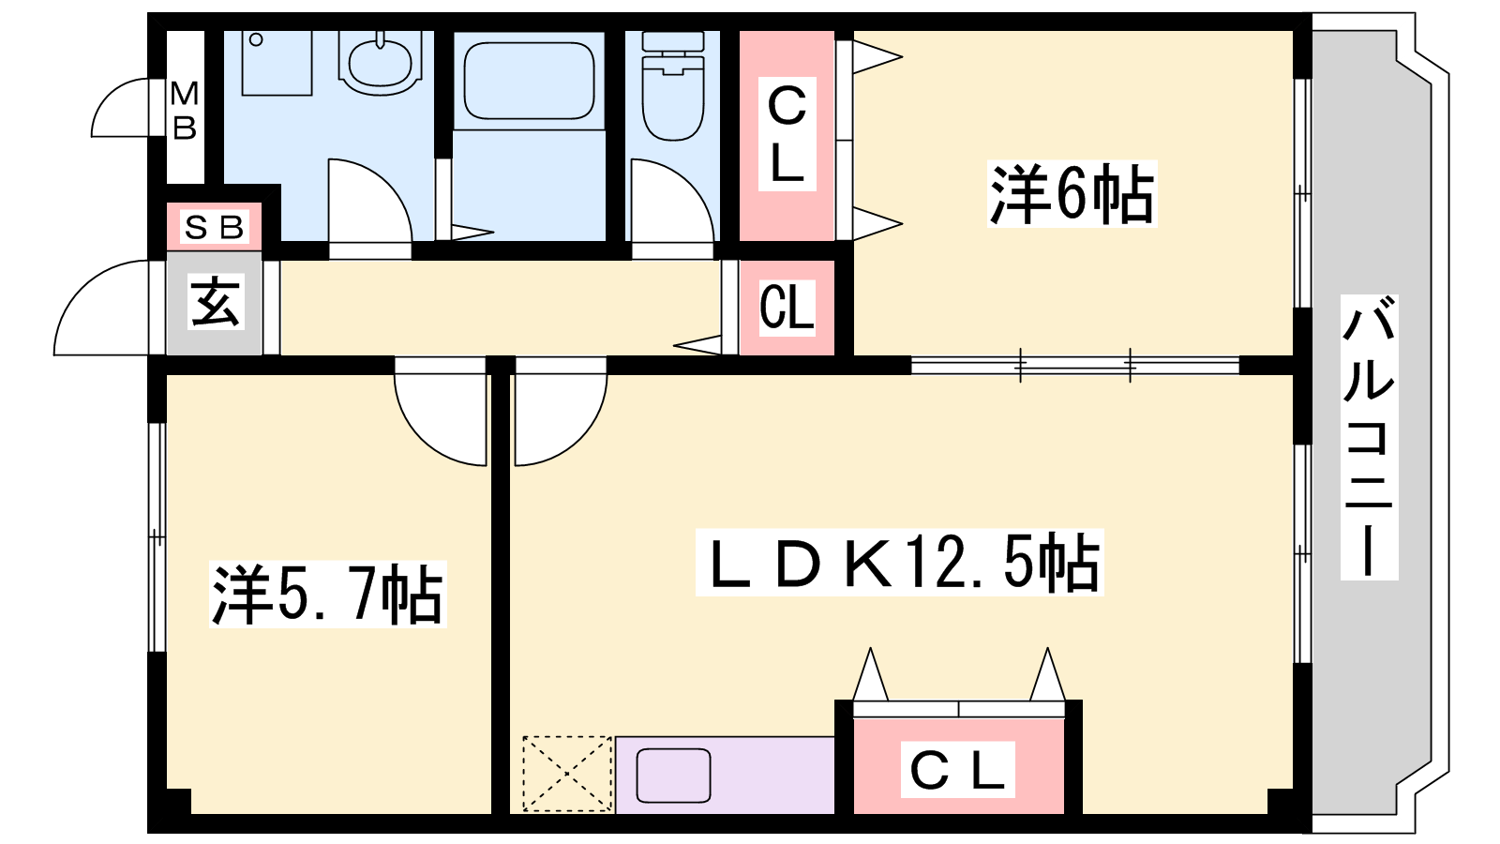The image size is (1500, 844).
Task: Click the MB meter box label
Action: tap(184, 111)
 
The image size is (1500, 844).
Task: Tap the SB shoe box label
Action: tap(215, 228)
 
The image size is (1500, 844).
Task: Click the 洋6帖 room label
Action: tap(1072, 194)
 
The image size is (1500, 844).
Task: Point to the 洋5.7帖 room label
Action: tap(327, 595)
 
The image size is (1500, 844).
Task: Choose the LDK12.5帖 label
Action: tap(899, 563)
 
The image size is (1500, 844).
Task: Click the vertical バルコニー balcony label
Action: tap(1369, 437)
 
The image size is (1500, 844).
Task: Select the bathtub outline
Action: tap(529, 81)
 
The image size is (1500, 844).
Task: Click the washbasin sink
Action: tap(381, 64)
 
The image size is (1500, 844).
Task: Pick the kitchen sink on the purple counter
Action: tap(673, 776)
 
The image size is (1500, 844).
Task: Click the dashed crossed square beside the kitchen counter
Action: tap(567, 775)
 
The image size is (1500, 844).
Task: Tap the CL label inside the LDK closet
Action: tap(957, 770)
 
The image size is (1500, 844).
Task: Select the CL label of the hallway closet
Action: tap(787, 308)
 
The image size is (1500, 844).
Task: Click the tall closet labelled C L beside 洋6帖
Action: tap(787, 135)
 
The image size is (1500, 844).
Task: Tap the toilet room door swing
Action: tap(672, 201)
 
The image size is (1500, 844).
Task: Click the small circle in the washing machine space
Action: tap(256, 39)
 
